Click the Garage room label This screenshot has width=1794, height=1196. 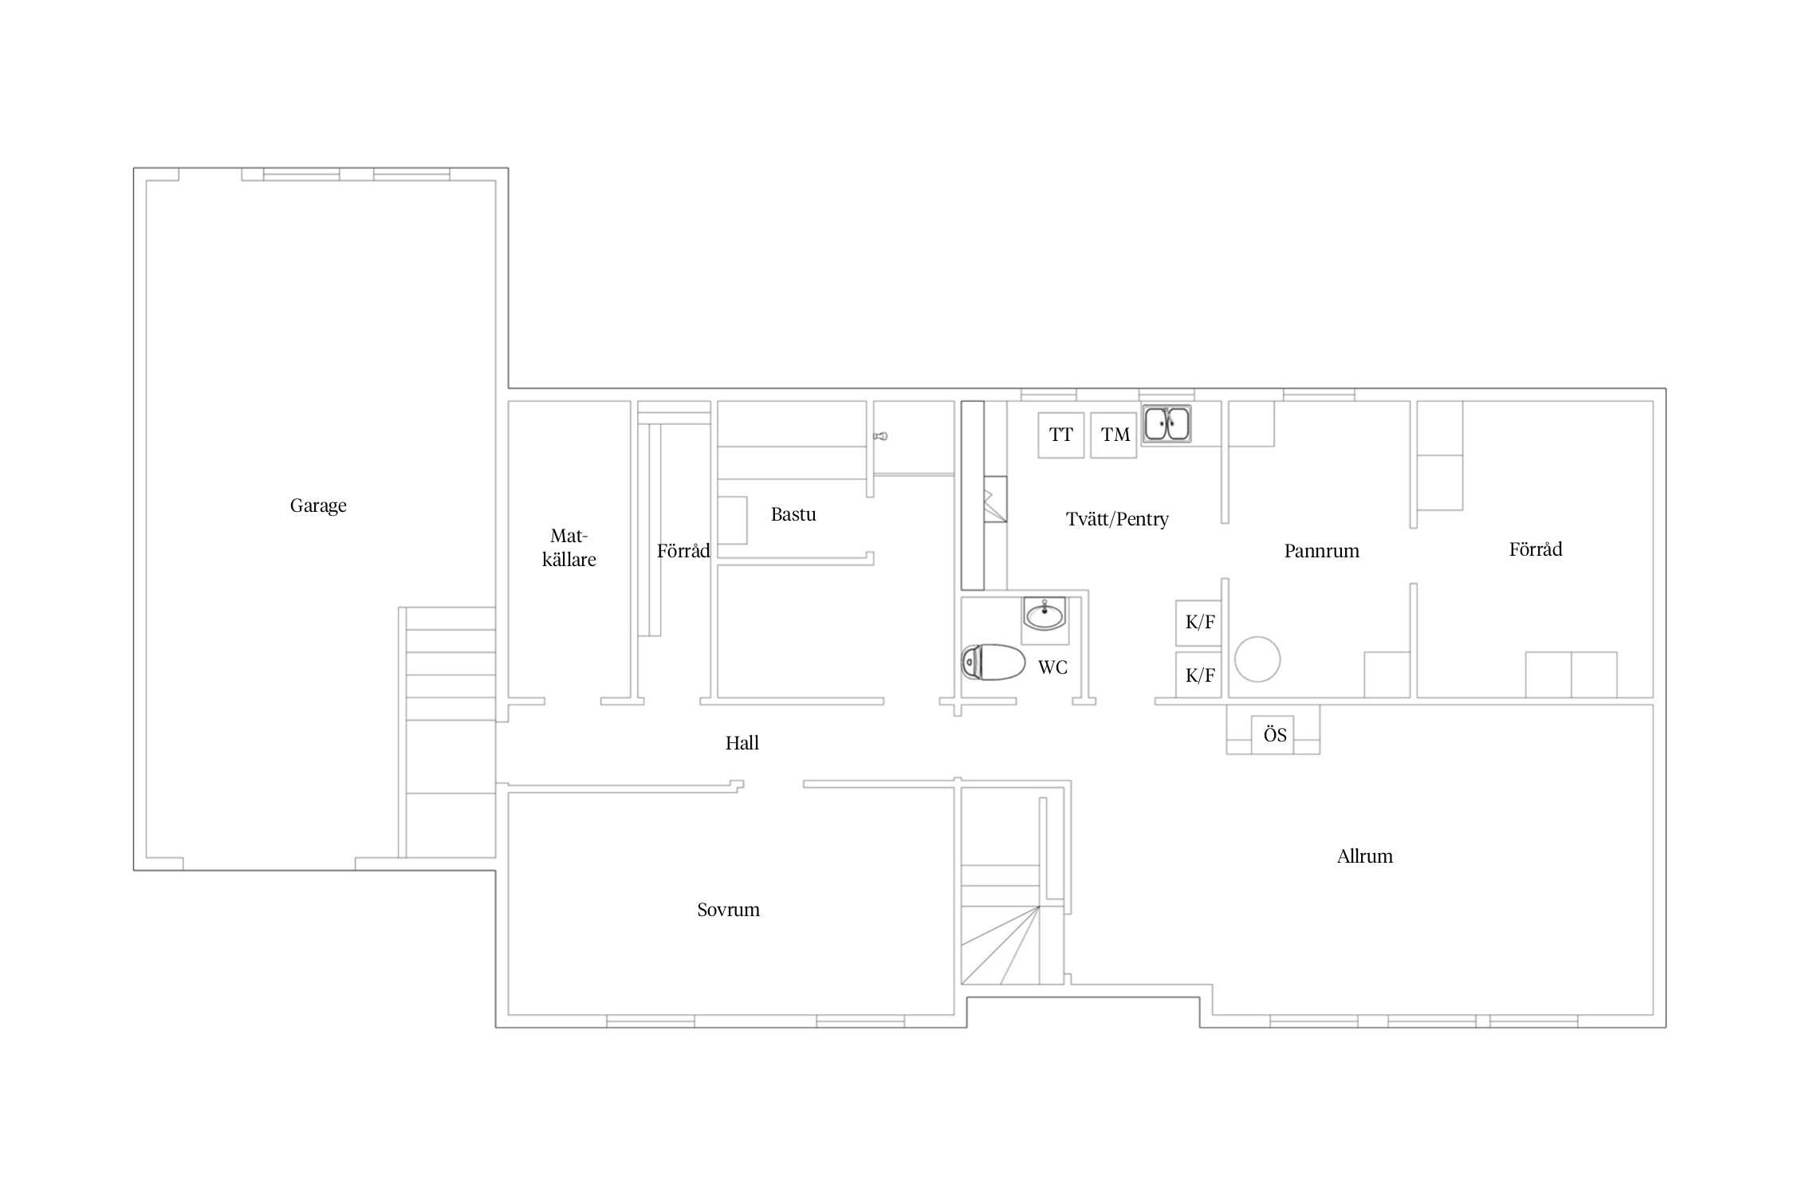coord(318,506)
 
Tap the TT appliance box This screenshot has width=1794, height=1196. coord(1060,435)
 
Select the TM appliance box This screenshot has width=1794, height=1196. coord(1114,435)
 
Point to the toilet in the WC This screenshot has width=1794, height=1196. coord(993,662)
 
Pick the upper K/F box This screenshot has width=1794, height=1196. coord(1199,623)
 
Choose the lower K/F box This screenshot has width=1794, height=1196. coord(1199,675)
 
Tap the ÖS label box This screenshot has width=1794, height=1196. coord(1274,734)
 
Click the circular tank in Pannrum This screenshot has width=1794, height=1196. coord(1257,659)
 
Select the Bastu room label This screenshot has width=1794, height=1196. coord(793,514)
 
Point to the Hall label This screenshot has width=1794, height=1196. coord(742,743)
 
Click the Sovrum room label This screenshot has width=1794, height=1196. coord(728,910)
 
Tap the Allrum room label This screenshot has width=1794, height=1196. coord(1365,856)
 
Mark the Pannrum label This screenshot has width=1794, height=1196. coord(1321,551)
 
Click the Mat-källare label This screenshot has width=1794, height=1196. coord(568,548)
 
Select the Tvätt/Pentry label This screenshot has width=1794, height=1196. coord(1117,519)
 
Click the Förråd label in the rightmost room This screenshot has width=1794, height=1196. coord(1536,549)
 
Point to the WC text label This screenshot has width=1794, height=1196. coord(1052,667)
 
